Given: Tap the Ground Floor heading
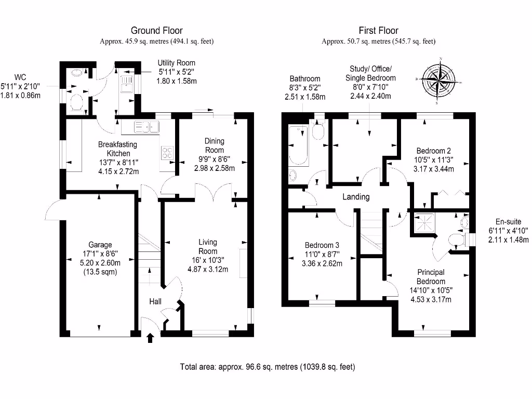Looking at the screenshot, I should pyautogui.click(x=156, y=31).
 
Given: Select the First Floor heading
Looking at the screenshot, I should pyautogui.click(x=378, y=31).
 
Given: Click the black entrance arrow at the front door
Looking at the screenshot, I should pyautogui.click(x=151, y=339).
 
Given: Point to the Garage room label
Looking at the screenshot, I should pyautogui.click(x=100, y=245).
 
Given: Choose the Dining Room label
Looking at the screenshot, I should pyautogui.click(x=214, y=145).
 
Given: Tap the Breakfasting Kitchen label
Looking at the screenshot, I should pyautogui.click(x=118, y=149).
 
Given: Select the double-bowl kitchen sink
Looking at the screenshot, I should pyautogui.click(x=146, y=126).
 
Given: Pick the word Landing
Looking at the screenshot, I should pyautogui.click(x=356, y=197).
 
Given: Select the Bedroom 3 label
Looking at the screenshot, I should pyautogui.click(x=323, y=245).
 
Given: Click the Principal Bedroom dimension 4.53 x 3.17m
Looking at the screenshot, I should pyautogui.click(x=430, y=299).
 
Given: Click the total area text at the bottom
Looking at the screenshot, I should pyautogui.click(x=268, y=367).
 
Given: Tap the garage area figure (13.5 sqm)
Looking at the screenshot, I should pyautogui.click(x=100, y=272).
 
